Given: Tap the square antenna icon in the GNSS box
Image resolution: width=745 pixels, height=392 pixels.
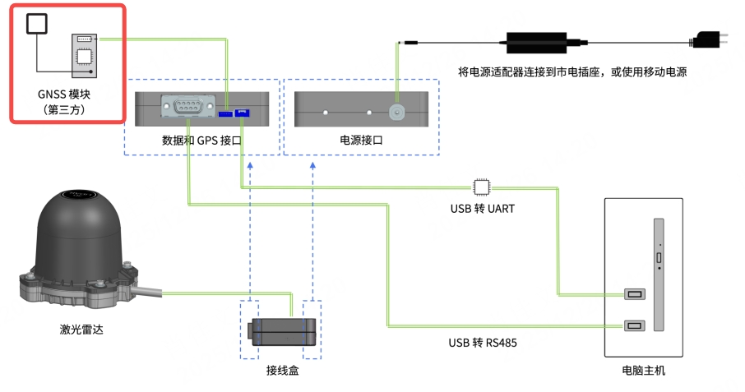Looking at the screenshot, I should coord(37,24).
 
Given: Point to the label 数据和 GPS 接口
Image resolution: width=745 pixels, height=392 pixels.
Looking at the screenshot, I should coord(201,141).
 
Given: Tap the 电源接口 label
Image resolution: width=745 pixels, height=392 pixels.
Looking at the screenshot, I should coord(362,141).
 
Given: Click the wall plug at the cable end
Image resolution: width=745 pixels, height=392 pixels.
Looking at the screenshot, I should coord(706,39).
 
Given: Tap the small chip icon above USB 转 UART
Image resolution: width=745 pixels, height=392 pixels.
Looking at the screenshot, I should coord(480,186).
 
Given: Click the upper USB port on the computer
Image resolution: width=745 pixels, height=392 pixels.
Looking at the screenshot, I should coord(634,294).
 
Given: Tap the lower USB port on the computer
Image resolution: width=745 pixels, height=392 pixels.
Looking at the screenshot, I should coord(634,326).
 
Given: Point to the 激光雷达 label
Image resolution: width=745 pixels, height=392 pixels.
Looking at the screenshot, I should coord(82,330).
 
